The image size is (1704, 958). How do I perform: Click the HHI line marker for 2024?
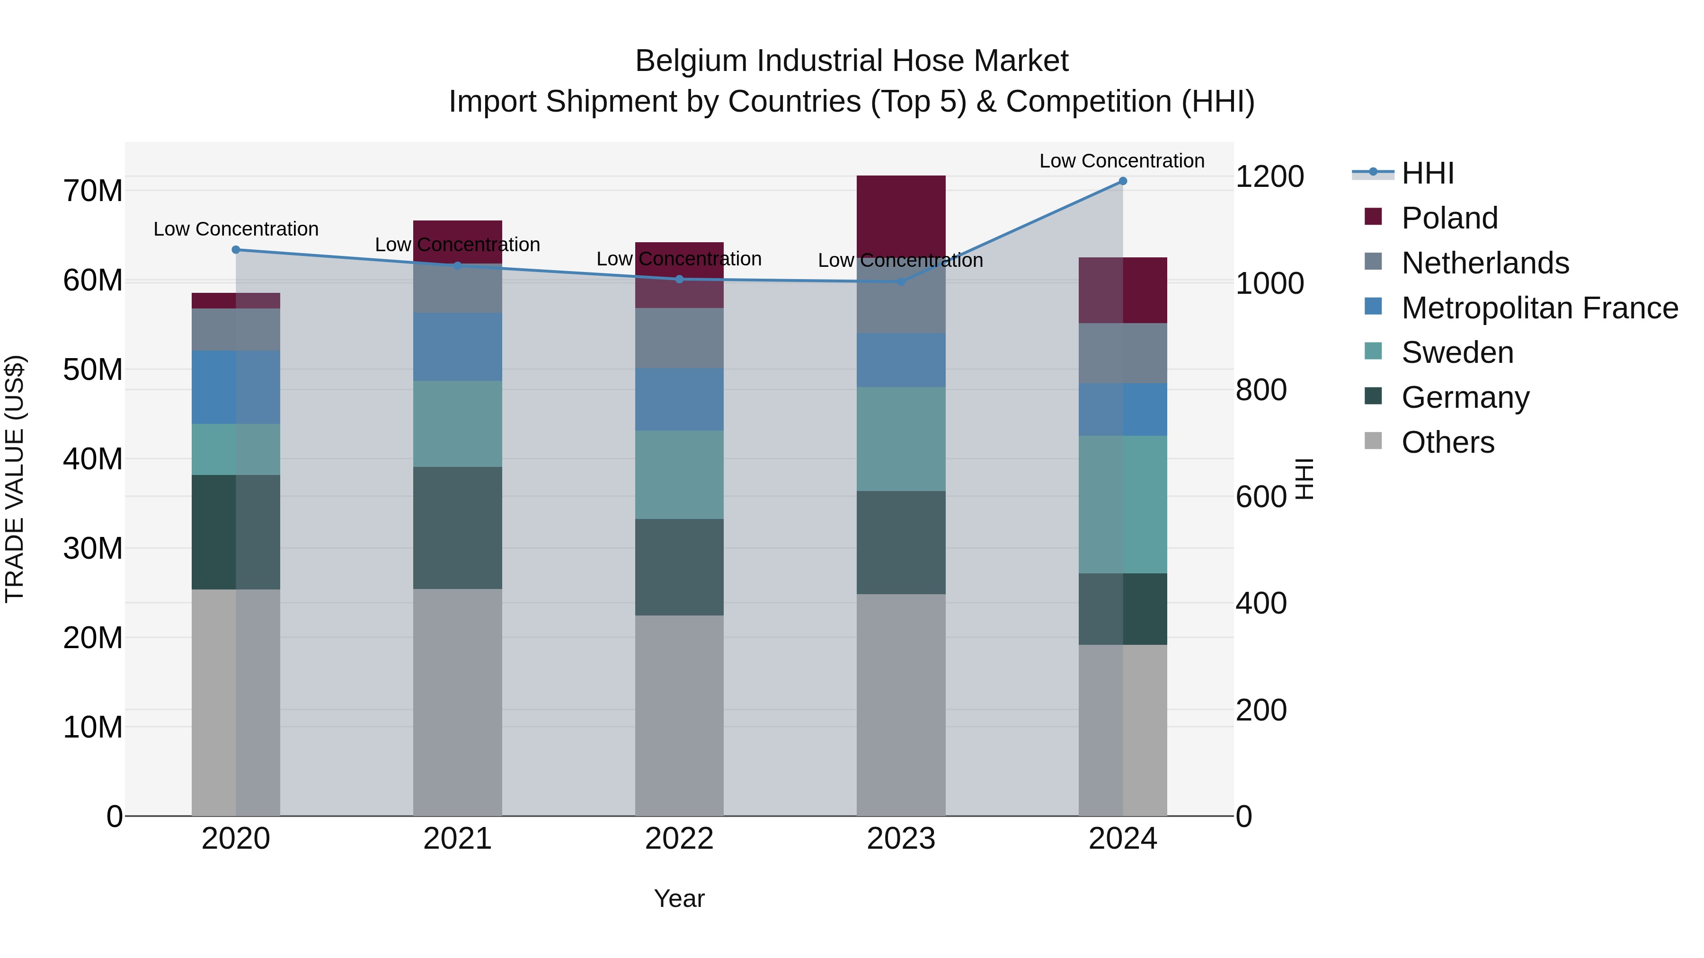(x=1123, y=181)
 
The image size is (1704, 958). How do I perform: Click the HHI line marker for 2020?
(x=236, y=250)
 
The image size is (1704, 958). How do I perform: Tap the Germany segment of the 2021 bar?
(x=457, y=527)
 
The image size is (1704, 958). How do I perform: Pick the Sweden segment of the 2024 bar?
(x=1123, y=504)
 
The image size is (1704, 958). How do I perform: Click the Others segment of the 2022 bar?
(x=679, y=715)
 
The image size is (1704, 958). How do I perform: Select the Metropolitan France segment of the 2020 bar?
(x=236, y=387)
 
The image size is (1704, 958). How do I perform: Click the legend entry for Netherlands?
(x=1484, y=263)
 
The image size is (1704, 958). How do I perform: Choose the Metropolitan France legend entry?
(x=1539, y=308)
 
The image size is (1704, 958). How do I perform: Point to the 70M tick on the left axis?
(x=93, y=191)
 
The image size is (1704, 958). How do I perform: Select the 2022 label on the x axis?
(x=679, y=839)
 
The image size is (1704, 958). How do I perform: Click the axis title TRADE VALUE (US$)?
(x=15, y=479)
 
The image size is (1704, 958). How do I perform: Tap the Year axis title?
(x=679, y=898)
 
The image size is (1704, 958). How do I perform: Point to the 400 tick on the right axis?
(x=1261, y=603)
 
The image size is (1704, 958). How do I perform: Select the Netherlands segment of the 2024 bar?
(x=1123, y=353)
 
